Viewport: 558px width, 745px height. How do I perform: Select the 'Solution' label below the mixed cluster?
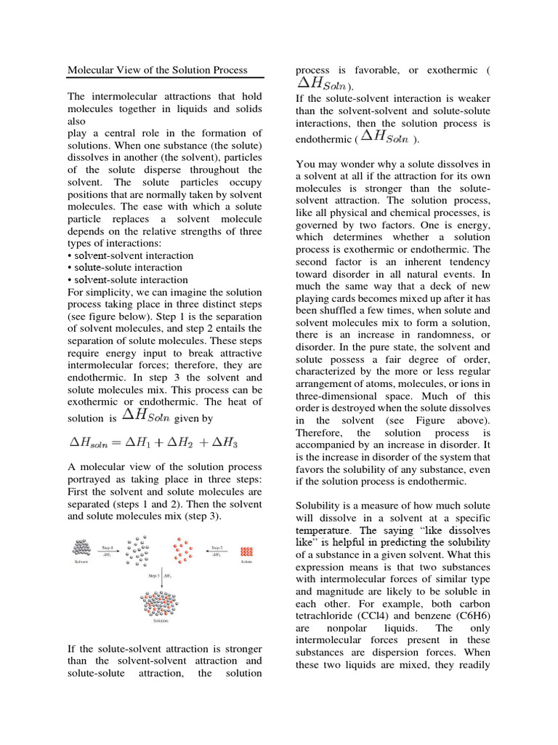pyautogui.click(x=161, y=621)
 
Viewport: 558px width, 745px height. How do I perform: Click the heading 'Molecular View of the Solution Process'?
pyautogui.click(x=158, y=71)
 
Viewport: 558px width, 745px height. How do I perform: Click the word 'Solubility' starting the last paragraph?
pyautogui.click(x=320, y=504)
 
